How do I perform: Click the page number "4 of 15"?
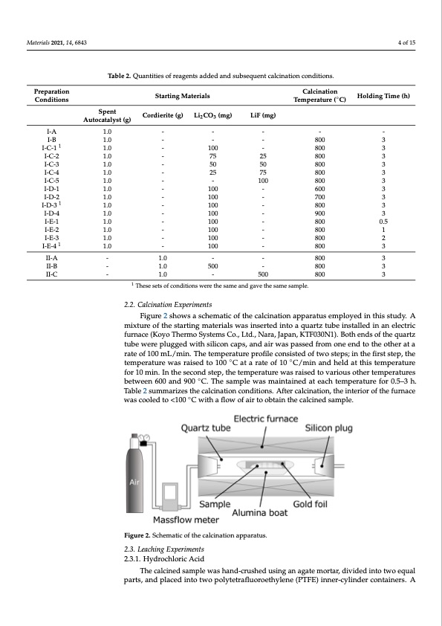(406, 42)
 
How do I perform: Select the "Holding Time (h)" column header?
(383, 96)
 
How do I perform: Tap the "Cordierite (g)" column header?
(163, 115)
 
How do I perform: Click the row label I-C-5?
(51, 181)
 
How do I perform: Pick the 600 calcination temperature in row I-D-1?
(320, 189)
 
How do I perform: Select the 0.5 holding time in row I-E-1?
(383, 222)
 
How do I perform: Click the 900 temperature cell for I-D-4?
(320, 213)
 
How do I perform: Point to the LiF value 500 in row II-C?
(263, 274)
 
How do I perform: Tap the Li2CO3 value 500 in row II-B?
(213, 266)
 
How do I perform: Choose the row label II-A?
(51, 258)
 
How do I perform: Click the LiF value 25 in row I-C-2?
(263, 156)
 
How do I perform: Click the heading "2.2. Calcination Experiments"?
(168, 305)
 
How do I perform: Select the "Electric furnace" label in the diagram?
(266, 419)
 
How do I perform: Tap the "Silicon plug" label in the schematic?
(328, 428)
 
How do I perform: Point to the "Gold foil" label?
(310, 504)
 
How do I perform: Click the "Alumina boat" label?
(260, 513)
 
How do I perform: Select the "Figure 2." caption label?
(137, 535)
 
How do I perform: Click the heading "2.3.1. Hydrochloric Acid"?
(164, 559)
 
